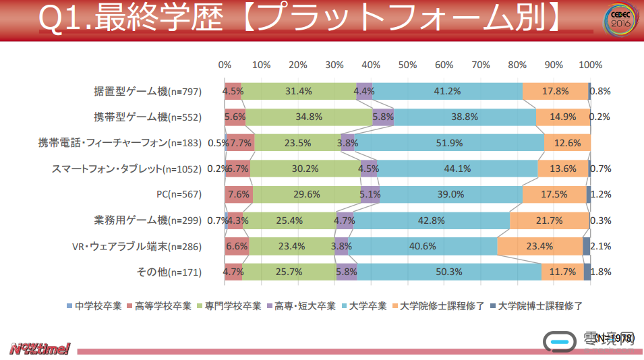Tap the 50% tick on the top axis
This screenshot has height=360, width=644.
click(x=407, y=65)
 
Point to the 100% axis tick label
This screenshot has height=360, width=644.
click(x=591, y=65)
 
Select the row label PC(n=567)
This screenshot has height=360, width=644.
click(x=179, y=195)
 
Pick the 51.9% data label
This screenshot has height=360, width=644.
click(x=449, y=143)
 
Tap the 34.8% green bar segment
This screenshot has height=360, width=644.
click(x=309, y=117)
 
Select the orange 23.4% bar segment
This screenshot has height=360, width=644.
click(x=539, y=247)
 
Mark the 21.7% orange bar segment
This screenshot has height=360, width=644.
click(x=548, y=220)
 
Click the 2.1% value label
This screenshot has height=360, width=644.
click(x=600, y=247)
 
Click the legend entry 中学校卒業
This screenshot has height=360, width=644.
click(x=94, y=306)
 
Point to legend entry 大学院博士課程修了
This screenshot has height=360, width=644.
click(x=537, y=306)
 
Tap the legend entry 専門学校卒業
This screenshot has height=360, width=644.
click(x=227, y=306)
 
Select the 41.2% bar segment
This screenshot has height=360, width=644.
click(x=447, y=91)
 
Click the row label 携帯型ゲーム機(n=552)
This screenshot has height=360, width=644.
click(x=148, y=117)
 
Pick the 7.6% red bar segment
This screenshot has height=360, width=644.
click(x=239, y=195)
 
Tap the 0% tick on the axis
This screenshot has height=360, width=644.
click(x=225, y=65)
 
